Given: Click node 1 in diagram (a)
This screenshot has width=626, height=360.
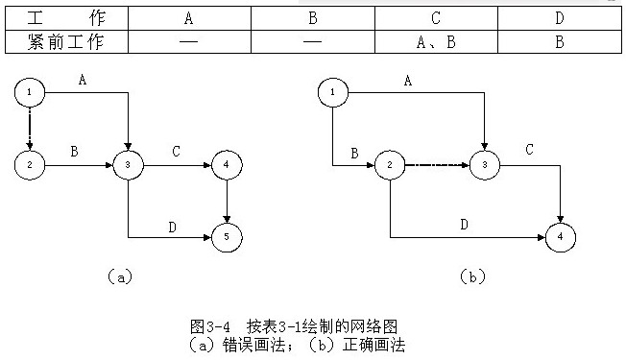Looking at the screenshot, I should tap(30, 92).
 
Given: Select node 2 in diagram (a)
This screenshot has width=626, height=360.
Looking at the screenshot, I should tap(30, 165).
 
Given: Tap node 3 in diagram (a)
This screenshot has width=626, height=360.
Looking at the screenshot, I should tap(128, 165).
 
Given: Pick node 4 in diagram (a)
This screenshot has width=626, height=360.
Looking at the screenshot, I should tap(226, 165).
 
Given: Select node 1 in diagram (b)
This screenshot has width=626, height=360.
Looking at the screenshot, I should tap(331, 92).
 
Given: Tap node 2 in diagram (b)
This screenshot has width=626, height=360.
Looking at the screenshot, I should tap(389, 165).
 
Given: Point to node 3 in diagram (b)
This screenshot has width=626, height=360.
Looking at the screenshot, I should tap(486, 165).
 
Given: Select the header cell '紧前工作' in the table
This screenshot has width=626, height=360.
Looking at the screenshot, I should tap(65, 41).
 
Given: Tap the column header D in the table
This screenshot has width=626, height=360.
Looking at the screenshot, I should tap(559, 17).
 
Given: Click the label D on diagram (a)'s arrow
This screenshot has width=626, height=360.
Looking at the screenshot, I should tap(172, 227).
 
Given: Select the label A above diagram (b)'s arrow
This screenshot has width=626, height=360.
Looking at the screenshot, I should tap(408, 82).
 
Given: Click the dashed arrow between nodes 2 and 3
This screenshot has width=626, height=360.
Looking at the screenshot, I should tap(437, 165).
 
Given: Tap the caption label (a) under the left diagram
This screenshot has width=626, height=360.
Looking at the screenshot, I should tap(119, 276).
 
